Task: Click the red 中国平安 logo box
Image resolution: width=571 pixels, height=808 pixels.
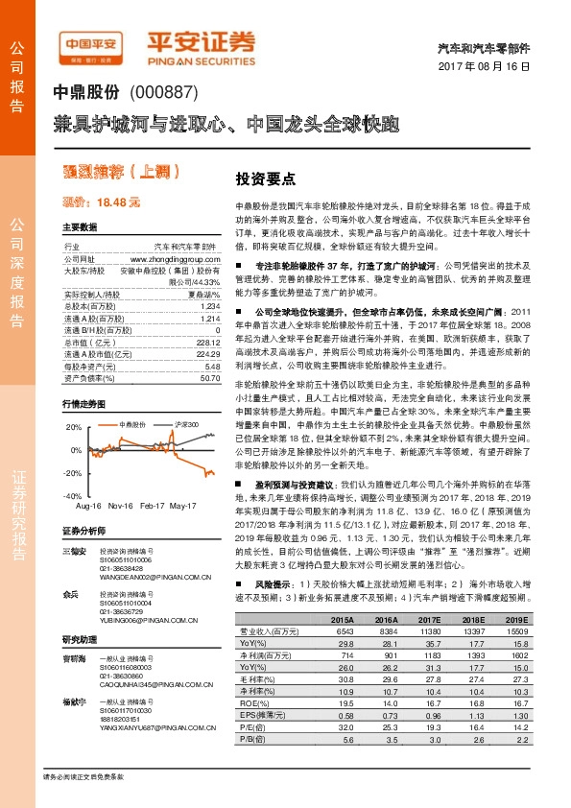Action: point(90,45)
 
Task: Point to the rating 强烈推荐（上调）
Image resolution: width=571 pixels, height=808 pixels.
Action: point(107,173)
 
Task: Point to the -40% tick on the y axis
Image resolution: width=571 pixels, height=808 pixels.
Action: point(73,495)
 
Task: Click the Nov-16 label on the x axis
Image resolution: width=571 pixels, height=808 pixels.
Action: point(120,506)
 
